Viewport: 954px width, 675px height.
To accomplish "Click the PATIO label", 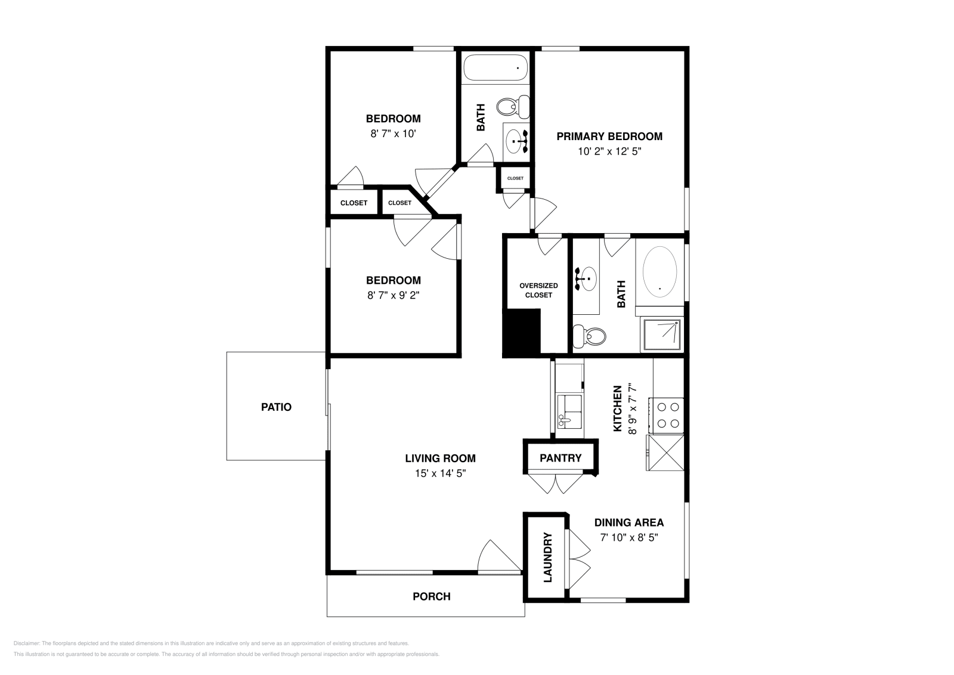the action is point(276,407).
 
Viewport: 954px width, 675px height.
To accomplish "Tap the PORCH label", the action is point(432,597).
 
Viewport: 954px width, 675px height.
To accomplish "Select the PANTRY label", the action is point(560,458).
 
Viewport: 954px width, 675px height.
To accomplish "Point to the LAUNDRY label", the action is point(548,558).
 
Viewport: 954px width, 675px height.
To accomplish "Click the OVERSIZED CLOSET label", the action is point(538,290).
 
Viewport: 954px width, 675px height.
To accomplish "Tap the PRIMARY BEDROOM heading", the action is point(609,137).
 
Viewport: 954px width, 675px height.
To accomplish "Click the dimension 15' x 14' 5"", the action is point(441,473).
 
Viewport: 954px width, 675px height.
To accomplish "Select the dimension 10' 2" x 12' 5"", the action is point(609,151).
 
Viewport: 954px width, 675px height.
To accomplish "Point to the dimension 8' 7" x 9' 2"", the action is point(393,295).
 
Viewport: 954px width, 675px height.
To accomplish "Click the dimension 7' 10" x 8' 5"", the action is point(629,537).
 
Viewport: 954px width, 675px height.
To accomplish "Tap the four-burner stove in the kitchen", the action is point(666,415).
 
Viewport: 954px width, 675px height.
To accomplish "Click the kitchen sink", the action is point(569,411).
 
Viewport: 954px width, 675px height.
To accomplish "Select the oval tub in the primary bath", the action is point(659,272).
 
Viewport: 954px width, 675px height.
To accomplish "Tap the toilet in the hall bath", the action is point(513,107).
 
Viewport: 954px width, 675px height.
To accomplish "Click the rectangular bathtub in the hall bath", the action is point(495,68).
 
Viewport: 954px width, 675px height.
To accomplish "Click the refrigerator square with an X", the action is point(665,453).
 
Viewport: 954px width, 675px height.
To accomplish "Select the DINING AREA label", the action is point(629,522).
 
